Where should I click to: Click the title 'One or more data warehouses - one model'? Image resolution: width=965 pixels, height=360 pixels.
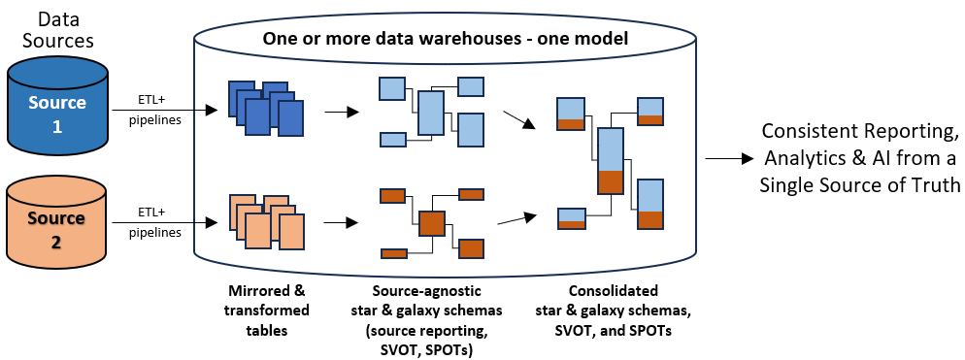coord(446,40)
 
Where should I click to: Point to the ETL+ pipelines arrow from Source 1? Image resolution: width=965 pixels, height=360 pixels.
coord(164,111)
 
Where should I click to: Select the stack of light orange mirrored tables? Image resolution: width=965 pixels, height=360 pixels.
coord(266,221)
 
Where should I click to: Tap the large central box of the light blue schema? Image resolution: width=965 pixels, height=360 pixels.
coord(430,114)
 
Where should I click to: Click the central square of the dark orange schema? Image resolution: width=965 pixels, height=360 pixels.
coord(431,223)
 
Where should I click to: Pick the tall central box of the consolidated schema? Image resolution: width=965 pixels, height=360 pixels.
coord(612,161)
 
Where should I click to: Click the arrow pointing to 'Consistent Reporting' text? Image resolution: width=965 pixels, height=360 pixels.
coord(729,159)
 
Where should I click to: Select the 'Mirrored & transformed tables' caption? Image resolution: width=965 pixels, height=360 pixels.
coord(266,311)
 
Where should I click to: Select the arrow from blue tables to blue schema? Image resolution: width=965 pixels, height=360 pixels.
coord(341,112)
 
